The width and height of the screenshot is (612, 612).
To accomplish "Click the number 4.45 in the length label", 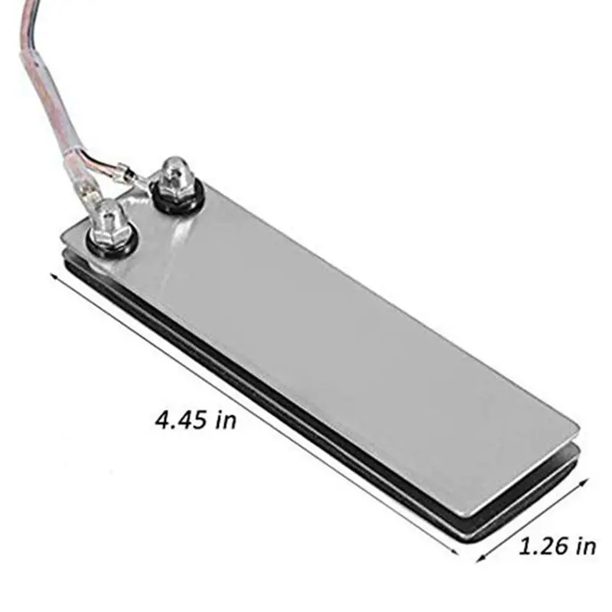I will pos(182,419).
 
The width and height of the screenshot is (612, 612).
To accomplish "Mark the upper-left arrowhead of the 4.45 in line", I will pos(54,276).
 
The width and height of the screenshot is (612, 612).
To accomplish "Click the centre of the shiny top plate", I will pos(321,344).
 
